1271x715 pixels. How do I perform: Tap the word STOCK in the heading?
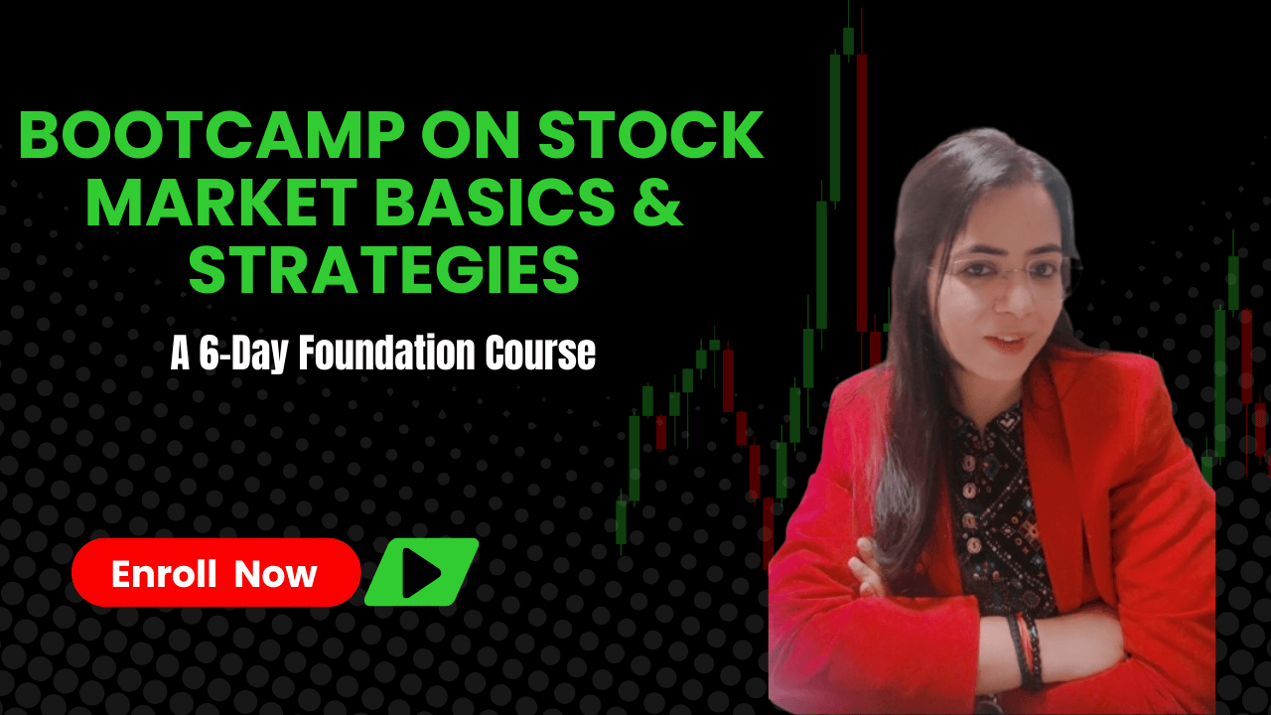pos(650,135)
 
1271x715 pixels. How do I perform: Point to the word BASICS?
pos(494,202)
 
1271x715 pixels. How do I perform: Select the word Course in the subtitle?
pos(539,353)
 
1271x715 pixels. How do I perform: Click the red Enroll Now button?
pos(216,573)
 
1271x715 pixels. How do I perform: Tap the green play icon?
pos(422,572)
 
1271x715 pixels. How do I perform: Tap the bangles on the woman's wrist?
pos(1026,649)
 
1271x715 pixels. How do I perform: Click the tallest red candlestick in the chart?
pos(862,193)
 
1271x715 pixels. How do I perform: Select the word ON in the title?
pos(471,135)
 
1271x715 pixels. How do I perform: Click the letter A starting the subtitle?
pos(180,354)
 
